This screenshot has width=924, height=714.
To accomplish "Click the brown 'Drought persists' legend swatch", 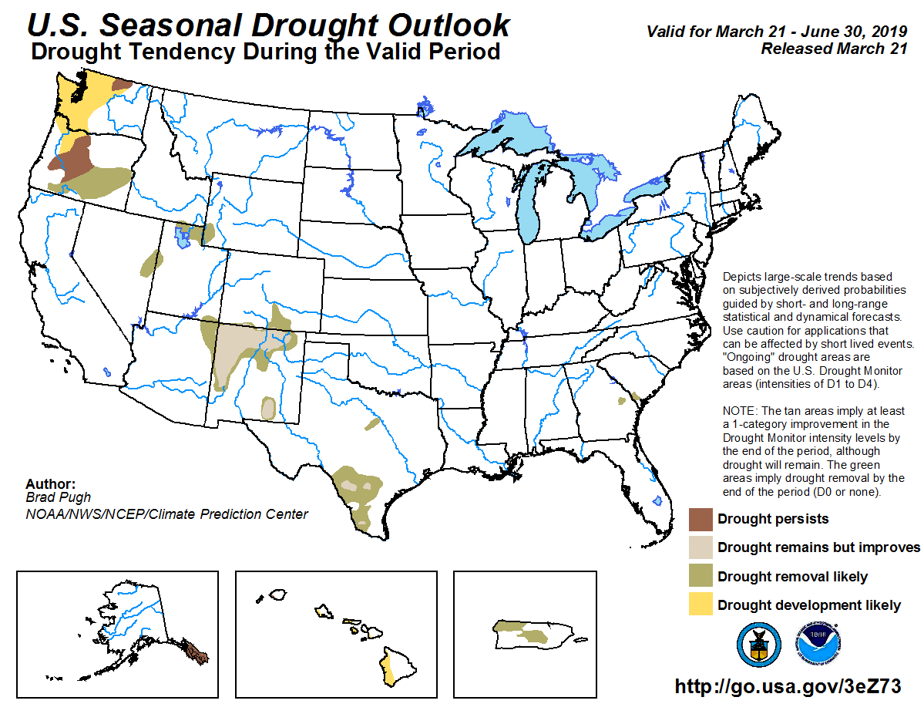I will pos(700,519).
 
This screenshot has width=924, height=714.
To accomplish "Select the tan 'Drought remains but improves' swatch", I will pos(700,547).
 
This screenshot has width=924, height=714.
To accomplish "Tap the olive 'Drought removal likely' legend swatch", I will pos(700,577).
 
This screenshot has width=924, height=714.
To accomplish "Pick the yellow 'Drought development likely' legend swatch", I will pos(700,605).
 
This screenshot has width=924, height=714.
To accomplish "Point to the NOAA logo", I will pos(818,645).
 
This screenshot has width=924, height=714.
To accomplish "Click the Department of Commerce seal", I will pos(759,645).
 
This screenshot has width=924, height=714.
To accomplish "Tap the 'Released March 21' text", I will pos(822,48).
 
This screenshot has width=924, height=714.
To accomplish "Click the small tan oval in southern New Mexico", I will pos(267,408).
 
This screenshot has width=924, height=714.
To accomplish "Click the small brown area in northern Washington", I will pos(122,84).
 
